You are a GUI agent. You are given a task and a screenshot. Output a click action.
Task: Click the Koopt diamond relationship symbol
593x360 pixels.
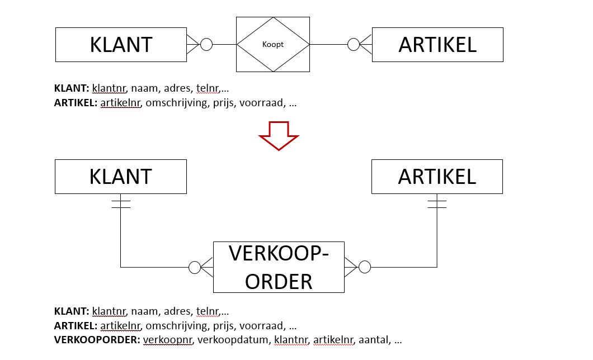point(273,44)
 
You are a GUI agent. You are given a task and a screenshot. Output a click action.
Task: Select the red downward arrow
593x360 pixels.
point(279,135)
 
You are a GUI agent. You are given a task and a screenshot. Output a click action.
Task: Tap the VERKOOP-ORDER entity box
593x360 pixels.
point(279,267)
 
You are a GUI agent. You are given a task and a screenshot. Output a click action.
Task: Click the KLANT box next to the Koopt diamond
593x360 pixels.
point(121,45)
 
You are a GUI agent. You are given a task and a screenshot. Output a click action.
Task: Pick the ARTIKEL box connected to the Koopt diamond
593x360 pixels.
point(437,45)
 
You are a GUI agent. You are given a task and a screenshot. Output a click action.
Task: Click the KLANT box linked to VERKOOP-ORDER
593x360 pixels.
point(121,177)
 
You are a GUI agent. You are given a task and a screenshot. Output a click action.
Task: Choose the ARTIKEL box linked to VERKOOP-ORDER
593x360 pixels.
point(437,177)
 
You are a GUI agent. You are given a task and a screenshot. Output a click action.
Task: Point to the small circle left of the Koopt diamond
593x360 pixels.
point(206,44)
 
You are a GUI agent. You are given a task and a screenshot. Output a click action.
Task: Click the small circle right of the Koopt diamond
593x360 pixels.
point(354,44)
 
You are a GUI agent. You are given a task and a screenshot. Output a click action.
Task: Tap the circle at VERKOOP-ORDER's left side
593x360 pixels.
point(195,267)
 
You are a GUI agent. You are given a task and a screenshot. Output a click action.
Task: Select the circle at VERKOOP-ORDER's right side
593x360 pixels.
point(364,267)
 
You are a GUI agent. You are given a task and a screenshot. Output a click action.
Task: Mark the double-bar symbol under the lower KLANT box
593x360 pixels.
point(121,204)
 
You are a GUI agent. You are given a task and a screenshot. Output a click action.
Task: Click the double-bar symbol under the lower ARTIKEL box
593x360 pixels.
point(437,204)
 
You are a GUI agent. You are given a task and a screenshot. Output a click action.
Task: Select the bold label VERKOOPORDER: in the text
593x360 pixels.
point(97,340)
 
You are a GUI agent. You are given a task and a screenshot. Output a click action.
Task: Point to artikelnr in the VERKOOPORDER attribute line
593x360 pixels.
point(333,340)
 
